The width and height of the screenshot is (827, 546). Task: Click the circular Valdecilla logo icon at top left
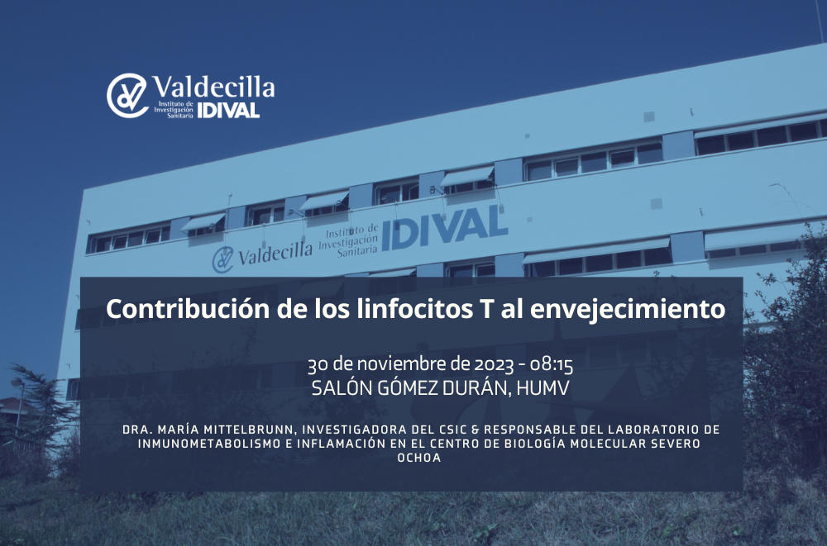[127, 95]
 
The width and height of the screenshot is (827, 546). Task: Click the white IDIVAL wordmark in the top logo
[228, 110]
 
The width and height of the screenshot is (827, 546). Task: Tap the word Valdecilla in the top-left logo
[213, 87]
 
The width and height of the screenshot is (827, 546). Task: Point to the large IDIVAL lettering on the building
[445, 228]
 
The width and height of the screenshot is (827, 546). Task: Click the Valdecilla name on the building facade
[275, 254]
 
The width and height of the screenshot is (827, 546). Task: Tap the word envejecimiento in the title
[628, 310]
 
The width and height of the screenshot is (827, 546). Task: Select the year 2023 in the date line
[493, 364]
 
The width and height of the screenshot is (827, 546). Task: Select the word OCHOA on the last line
[419, 458]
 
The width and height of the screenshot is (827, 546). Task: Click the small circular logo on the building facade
[222, 260]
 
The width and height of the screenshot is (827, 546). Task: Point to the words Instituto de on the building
[351, 231]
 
